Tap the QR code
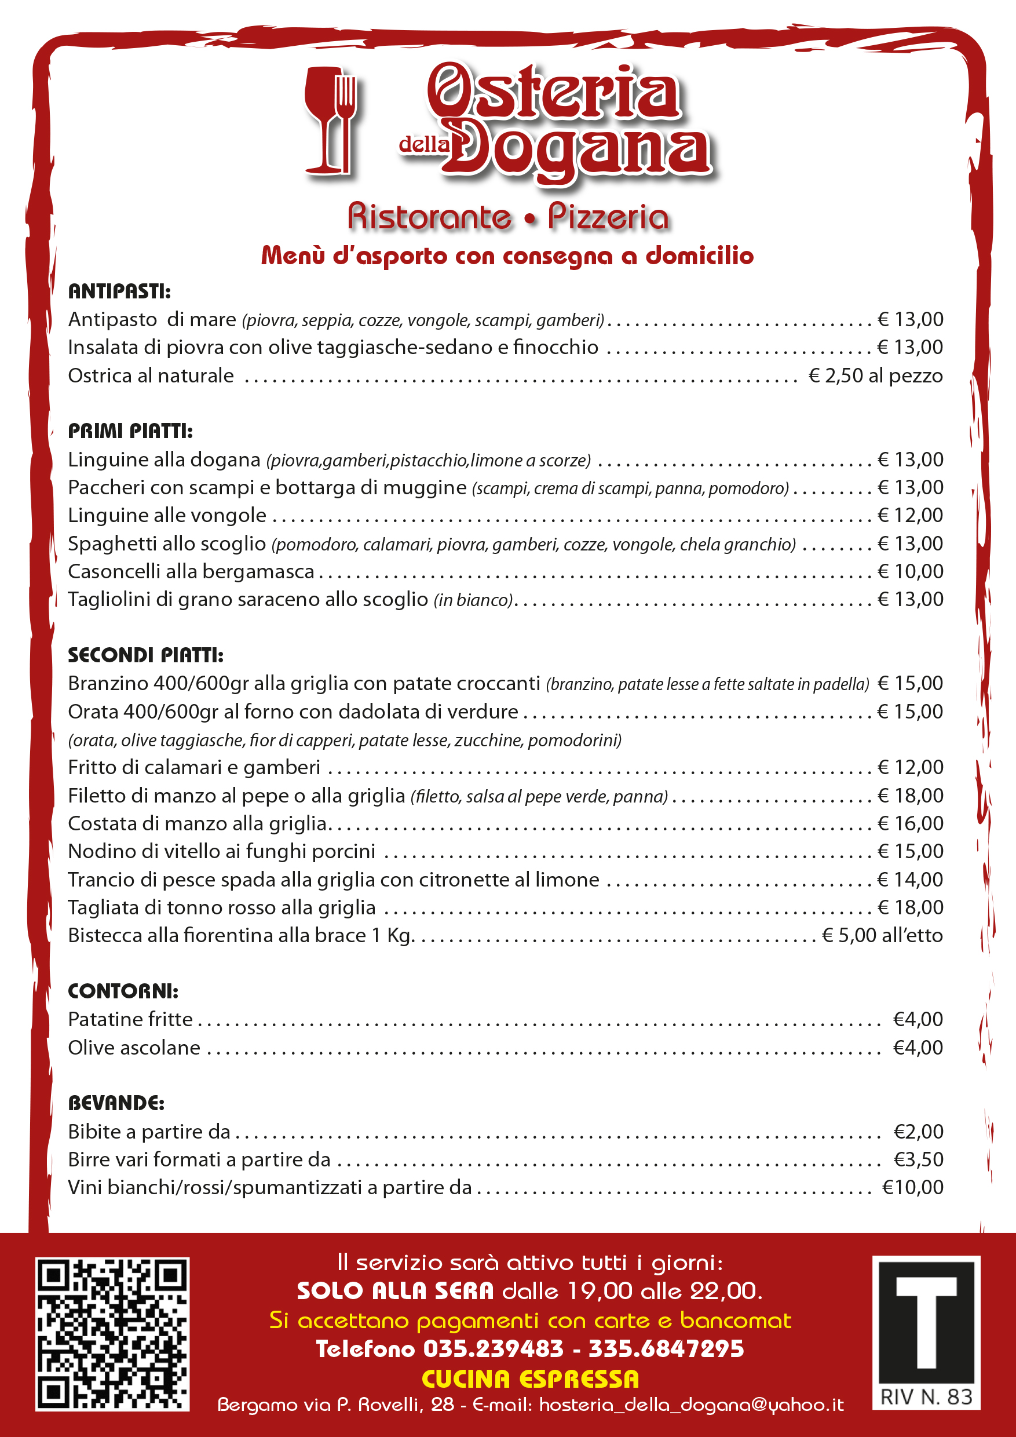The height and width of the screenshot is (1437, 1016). point(112,1334)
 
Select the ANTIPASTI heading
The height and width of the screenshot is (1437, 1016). point(119,291)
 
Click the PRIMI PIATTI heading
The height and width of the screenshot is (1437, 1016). point(130,431)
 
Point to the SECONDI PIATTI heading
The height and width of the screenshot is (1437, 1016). point(145,655)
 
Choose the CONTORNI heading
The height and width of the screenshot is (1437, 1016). point(123,991)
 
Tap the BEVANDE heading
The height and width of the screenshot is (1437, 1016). point(116,1103)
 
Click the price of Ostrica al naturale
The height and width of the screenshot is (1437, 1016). point(875,375)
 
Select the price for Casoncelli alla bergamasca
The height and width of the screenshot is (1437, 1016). point(910,571)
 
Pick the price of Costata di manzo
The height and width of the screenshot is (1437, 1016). point(910,823)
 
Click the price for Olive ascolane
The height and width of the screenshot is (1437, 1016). point(918,1047)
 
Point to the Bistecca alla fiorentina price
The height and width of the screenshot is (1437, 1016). point(882,935)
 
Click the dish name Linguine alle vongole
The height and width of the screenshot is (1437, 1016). point(167,515)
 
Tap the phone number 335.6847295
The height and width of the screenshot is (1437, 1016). point(666,1349)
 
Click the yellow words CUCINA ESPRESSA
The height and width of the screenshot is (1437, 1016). point(531,1379)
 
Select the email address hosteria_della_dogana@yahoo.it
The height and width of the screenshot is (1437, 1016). point(691,1405)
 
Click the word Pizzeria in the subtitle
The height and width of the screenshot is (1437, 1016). point(608,217)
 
